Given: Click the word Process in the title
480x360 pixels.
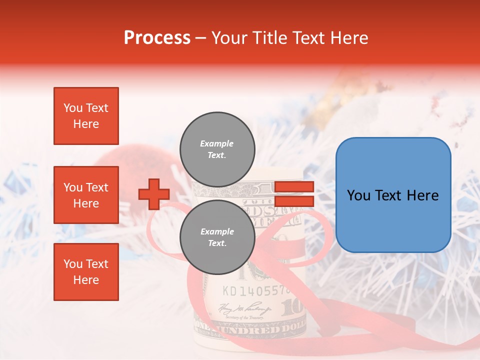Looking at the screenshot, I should point(157,38).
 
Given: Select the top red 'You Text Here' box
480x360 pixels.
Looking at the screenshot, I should point(86,116).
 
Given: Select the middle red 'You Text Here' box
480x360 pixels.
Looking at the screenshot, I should point(86,195).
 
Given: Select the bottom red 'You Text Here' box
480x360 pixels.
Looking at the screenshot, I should point(86,272).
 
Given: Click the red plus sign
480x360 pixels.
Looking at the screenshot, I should point(154,194).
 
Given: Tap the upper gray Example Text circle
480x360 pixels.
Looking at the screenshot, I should point(217,149).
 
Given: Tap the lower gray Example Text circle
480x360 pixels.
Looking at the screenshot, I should point(217,237).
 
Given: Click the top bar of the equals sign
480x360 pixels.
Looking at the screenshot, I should point(294,187).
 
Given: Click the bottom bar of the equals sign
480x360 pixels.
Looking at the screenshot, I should point(294,201).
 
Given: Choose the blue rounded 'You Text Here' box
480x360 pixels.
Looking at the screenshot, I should point(393,195).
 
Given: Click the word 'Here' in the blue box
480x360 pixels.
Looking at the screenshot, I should point(423,195).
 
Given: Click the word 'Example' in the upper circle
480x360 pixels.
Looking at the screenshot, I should point(216,143).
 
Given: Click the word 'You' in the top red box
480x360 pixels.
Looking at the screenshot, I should point(73,108).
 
